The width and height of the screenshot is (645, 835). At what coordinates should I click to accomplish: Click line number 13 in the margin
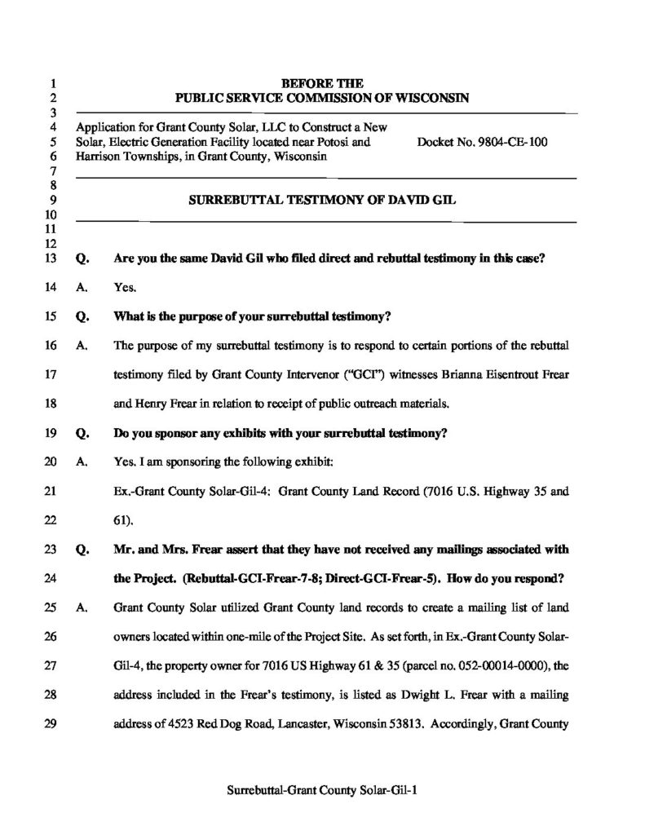[50, 259]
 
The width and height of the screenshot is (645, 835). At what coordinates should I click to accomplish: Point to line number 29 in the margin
[50, 721]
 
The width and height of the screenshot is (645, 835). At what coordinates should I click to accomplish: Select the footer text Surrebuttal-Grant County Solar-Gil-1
[322, 789]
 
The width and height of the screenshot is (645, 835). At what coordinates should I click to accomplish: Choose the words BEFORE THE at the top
[322, 83]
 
